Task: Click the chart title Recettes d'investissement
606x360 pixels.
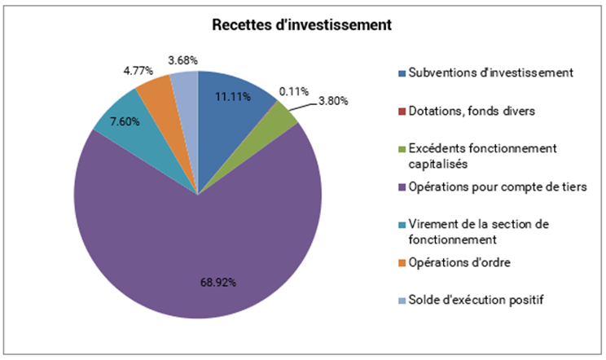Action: point(302,25)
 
